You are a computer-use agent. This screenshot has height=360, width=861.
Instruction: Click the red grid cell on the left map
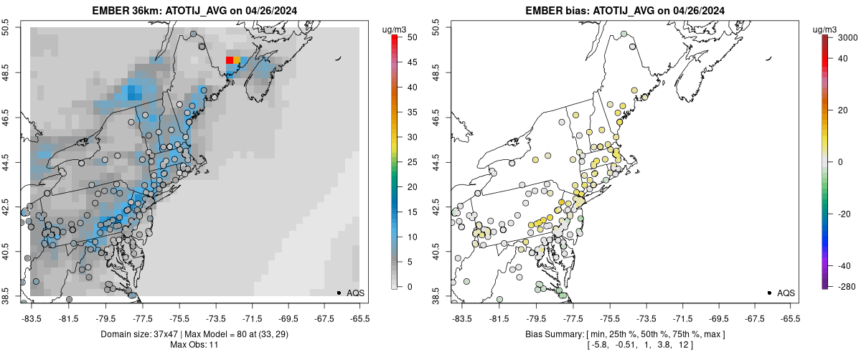(x=230, y=61)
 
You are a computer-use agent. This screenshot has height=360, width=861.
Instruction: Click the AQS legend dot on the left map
(x=339, y=293)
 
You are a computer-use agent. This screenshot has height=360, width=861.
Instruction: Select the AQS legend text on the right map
(x=786, y=293)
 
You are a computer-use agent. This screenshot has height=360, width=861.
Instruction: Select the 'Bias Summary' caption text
(x=547, y=335)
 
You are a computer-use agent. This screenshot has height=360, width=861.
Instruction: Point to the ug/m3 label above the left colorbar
(x=395, y=29)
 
